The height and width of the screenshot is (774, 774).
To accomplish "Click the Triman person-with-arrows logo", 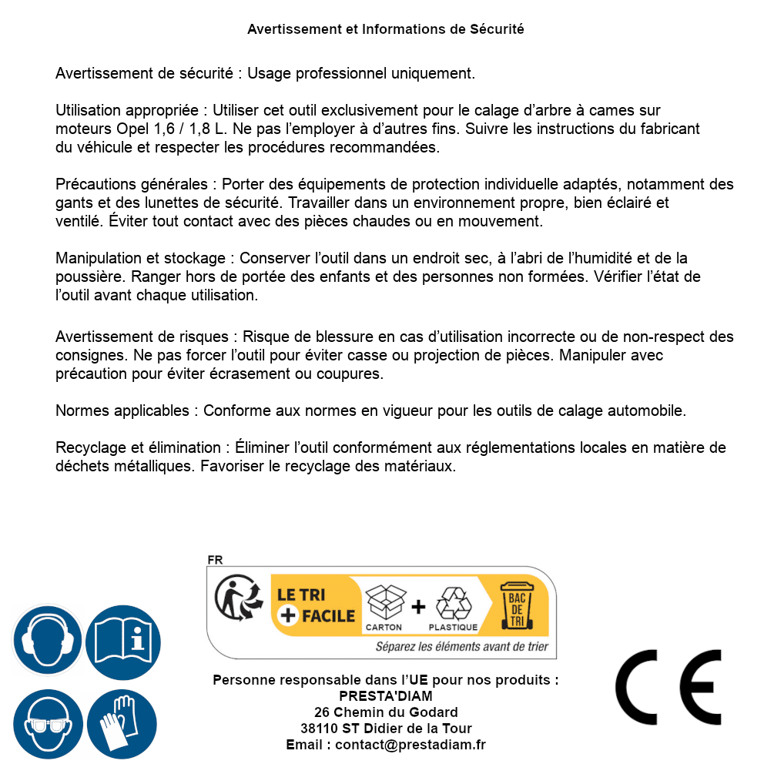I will point(235,599).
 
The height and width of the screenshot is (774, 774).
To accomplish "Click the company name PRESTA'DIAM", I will point(386,696).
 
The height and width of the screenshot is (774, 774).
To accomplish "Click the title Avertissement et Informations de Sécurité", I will point(386,29).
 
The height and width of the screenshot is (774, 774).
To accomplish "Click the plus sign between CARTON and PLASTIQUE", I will point(418,607).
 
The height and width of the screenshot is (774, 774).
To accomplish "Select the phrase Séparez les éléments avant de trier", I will point(461,647).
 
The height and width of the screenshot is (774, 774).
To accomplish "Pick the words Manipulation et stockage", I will point(140,258).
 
